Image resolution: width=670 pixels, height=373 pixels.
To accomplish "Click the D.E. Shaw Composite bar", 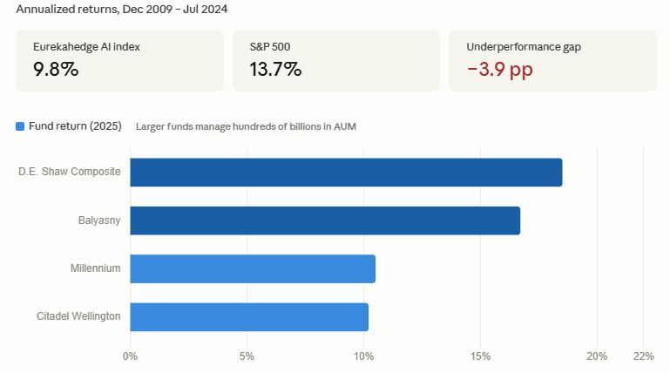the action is pos(346,173).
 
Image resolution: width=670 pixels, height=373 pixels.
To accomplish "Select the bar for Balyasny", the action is pos(325,220).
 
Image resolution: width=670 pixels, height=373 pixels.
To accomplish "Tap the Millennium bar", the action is pos(253,268).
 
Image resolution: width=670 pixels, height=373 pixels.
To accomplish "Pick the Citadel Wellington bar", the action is pos(249,317).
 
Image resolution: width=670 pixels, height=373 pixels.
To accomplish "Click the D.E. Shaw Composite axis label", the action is pos(69,172).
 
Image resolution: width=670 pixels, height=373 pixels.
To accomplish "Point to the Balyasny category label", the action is pos(99,220).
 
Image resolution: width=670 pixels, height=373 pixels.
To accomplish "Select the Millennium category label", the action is pos(95,268).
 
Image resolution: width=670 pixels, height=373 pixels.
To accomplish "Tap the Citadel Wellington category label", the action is pos(78,316).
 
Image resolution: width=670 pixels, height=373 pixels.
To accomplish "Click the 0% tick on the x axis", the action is pos(130,356).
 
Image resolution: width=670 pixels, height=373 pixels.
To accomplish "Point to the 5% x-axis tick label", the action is pos(247,356).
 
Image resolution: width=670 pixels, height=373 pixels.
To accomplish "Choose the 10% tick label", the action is pos(363,356).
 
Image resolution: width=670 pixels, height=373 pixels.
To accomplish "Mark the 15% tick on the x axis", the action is pos(480,356).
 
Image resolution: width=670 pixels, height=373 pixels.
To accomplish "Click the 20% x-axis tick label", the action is pos(597,356).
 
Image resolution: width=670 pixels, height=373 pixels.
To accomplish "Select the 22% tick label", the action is pos(644,356).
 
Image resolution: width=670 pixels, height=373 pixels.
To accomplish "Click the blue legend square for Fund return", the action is pos(20,126).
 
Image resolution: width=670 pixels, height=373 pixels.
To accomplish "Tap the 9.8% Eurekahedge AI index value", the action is pos(56,69).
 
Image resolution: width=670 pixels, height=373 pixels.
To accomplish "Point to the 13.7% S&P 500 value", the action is pos(275,69).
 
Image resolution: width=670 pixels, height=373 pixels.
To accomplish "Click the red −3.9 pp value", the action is pos(500,70).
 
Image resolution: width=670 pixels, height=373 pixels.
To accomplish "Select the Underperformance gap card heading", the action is pos(524,47).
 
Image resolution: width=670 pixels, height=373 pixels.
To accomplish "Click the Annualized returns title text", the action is pos(122,9).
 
